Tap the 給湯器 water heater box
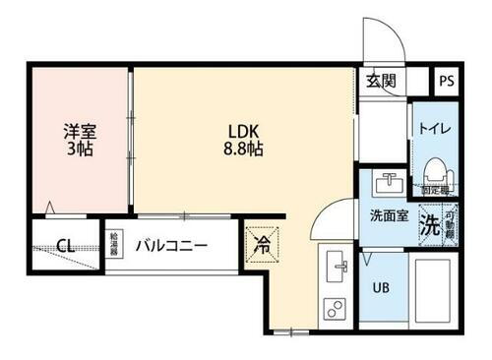pyautogui.click(x=115, y=242)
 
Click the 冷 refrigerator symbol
pyautogui.click(x=263, y=242)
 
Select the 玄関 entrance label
pyautogui.click(x=381, y=81)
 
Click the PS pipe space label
pyautogui.click(x=447, y=82)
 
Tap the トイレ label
pyautogui.click(x=434, y=128)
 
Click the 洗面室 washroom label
pyautogui.click(x=389, y=217)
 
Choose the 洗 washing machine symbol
pyautogui.click(x=429, y=222)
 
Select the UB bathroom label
pyautogui.click(x=380, y=289)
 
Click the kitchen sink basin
pyautogui.click(x=337, y=266)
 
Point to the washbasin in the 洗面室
pyautogui.click(x=388, y=183)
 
